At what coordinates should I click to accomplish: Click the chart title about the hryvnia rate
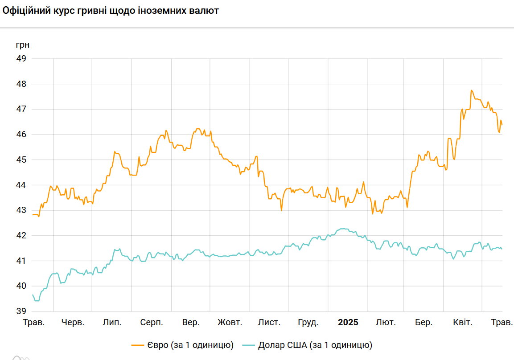[x=111, y=11]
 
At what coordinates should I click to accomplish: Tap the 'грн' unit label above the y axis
[x=23, y=45]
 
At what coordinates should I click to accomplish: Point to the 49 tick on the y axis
[x=22, y=58]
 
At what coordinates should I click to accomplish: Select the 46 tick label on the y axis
[x=22, y=134]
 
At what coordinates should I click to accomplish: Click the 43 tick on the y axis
[x=22, y=210]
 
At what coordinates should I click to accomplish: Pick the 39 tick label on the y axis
[x=22, y=311]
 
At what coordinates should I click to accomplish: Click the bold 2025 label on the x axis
[x=348, y=322]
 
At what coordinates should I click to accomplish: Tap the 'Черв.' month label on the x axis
[x=73, y=322]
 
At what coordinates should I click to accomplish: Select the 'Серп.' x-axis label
[x=152, y=322]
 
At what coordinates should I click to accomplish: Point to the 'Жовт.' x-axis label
[x=230, y=322]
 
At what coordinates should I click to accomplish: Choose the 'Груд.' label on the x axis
[x=308, y=322]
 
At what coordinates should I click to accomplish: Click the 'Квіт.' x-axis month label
[x=462, y=322]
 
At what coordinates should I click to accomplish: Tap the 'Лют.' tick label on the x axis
[x=386, y=322]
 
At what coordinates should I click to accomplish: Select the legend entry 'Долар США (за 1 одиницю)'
[x=315, y=345]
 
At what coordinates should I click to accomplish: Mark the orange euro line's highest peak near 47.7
[x=471, y=90]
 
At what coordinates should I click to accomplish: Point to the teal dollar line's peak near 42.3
[x=342, y=229]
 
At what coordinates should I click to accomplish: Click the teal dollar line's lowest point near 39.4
[x=37, y=301]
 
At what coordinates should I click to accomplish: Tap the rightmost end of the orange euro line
[x=502, y=124]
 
